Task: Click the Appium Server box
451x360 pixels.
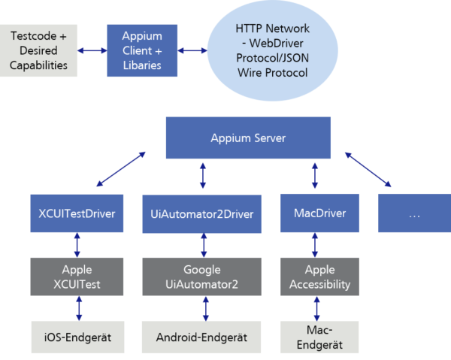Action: point(248,138)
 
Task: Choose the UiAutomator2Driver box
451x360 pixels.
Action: point(202,214)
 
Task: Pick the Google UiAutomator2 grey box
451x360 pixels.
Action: point(202,276)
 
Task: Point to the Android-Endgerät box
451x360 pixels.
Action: point(202,337)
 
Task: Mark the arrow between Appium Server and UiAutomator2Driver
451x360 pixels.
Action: point(202,176)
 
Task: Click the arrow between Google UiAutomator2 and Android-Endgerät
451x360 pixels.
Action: point(202,308)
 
